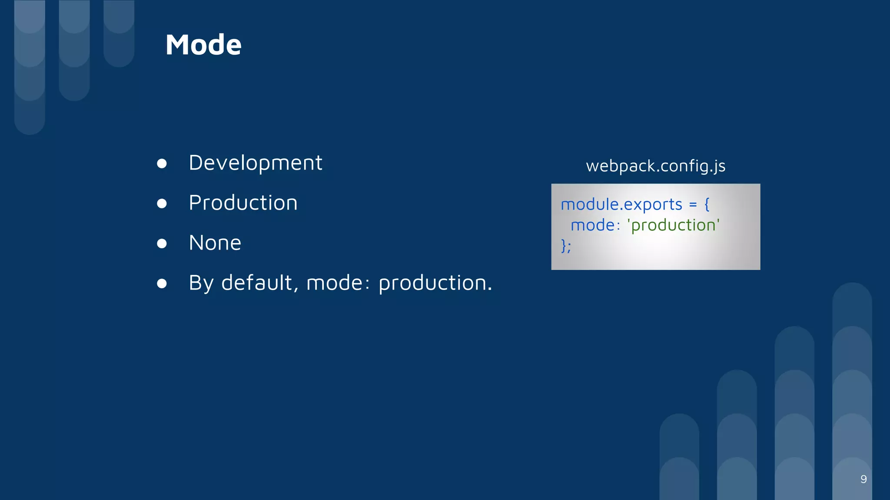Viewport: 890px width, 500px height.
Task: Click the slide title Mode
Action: tap(203, 45)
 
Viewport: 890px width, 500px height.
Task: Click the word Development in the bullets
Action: tap(256, 163)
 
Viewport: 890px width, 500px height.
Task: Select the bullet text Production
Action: tap(243, 203)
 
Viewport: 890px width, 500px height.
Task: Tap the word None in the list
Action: tap(215, 243)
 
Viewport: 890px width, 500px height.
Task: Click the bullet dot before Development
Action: tap(162, 164)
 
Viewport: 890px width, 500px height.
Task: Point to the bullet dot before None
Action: tap(162, 243)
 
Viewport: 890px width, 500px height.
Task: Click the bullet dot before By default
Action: tap(162, 283)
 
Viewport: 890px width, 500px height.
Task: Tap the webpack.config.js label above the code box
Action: tap(655, 166)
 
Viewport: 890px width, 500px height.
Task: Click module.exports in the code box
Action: tap(621, 204)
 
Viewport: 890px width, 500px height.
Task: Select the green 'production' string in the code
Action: tap(673, 225)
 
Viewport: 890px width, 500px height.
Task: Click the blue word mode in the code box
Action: tap(592, 225)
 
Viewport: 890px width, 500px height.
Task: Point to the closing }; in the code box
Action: tap(566, 246)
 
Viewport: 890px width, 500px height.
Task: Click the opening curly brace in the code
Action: tap(707, 204)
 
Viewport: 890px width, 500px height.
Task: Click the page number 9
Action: tap(863, 479)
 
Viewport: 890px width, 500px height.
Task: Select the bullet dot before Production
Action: tap(162, 204)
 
